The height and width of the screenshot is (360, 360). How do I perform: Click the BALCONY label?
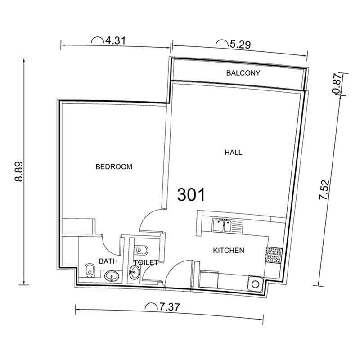pyautogui.click(x=243, y=73)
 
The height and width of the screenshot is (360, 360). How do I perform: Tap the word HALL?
pyautogui.click(x=233, y=153)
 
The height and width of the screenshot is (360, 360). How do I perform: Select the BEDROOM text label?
pyautogui.click(x=114, y=166)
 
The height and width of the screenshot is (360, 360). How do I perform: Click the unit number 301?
pyautogui.click(x=191, y=194)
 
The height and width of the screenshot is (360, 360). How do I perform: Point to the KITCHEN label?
pyautogui.click(x=228, y=250)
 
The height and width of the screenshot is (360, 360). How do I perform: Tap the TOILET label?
pyautogui.click(x=145, y=262)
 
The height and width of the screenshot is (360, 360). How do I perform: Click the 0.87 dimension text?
pyautogui.click(x=335, y=84)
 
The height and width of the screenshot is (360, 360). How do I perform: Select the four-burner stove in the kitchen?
pyautogui.click(x=273, y=256)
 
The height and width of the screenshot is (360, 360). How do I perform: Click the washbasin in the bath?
pyautogui.click(x=111, y=275)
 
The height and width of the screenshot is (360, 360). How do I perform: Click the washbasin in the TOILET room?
pyautogui.click(x=134, y=271)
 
